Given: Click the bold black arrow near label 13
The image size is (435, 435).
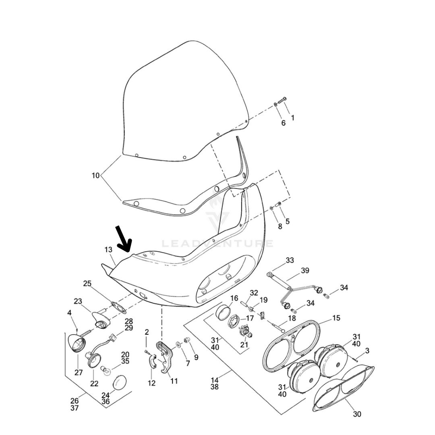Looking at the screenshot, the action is (x=124, y=238).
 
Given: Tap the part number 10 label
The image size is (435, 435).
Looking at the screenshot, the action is (x=95, y=176).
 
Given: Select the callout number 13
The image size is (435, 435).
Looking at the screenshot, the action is (x=108, y=250).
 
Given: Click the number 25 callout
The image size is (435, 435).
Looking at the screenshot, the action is (x=87, y=284).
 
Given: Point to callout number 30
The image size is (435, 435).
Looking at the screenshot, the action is (x=357, y=414).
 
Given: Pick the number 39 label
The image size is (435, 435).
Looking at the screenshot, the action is (x=305, y=270).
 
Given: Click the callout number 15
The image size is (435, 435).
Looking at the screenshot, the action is (x=336, y=318).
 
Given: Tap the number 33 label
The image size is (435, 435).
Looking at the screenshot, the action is (x=290, y=260).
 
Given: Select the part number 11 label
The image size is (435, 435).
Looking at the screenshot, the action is (x=174, y=381).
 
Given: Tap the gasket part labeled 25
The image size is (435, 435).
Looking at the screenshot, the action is (x=118, y=309).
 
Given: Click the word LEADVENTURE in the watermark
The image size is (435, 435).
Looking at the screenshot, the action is (x=217, y=244).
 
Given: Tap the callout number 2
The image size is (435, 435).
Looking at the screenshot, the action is (x=147, y=332).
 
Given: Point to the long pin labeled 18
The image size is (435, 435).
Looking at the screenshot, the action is (x=275, y=325).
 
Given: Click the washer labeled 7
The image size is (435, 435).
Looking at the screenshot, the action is (x=178, y=346).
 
